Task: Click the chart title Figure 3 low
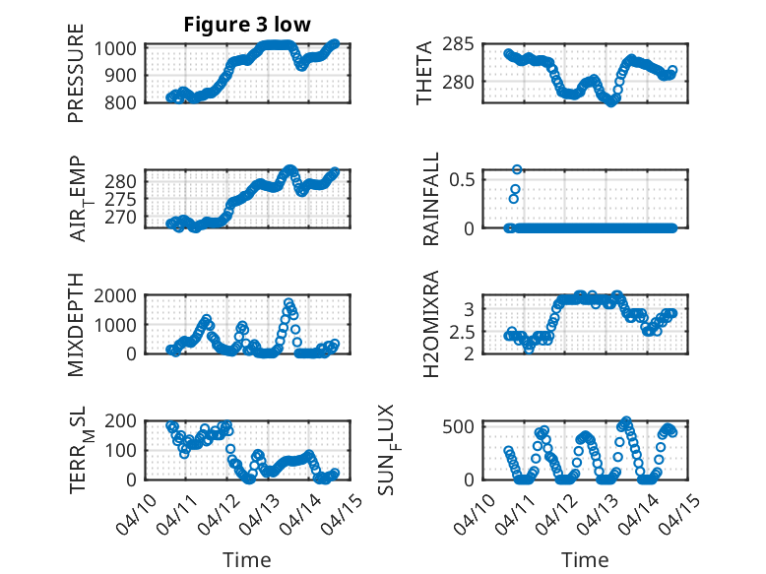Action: coord(247,26)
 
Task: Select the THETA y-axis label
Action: coord(425,73)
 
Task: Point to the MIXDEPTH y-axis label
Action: coord(76,326)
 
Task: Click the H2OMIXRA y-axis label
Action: coord(431,324)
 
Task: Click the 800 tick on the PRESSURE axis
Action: coord(125,101)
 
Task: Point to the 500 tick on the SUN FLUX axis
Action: coord(466,425)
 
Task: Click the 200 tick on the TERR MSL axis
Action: coord(125,420)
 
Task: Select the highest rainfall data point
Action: coord(517,169)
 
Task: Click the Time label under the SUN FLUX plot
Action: coord(585,559)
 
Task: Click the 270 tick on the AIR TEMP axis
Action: coord(125,217)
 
